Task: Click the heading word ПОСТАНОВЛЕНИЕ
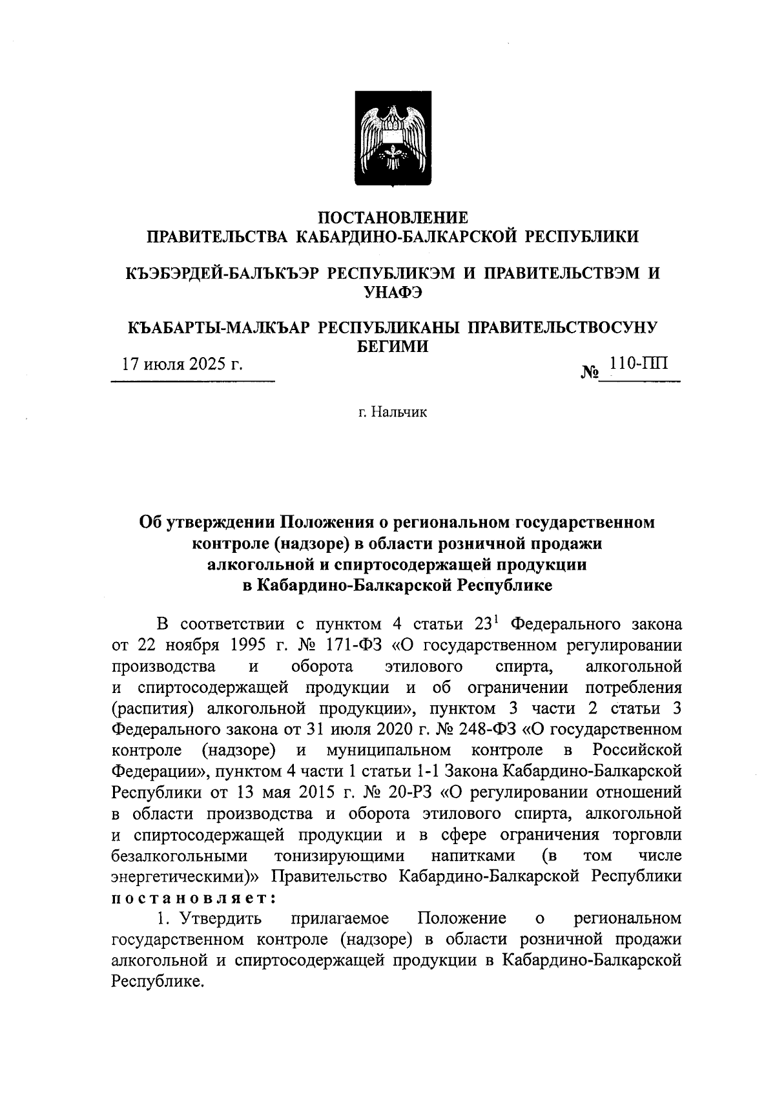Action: pyautogui.click(x=394, y=218)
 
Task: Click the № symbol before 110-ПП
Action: pyautogui.click(x=590, y=373)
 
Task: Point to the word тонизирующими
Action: pyautogui.click(x=340, y=856)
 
